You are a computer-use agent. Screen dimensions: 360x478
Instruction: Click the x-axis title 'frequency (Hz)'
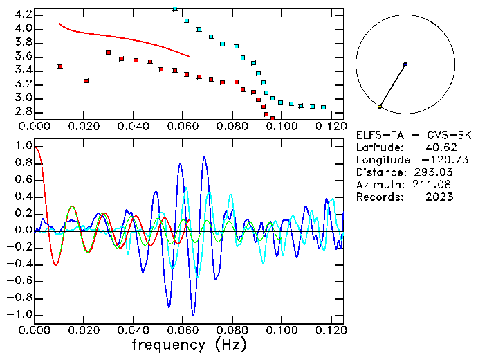pos(189,344)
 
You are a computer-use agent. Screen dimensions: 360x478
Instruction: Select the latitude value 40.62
pos(442,147)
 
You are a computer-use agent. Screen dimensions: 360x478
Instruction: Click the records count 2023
pos(440,197)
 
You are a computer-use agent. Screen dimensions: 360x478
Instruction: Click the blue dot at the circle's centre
pos(405,64)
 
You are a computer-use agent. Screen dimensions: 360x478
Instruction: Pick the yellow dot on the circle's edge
pos(380,107)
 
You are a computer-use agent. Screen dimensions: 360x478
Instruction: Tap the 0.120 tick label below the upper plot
pos(329,126)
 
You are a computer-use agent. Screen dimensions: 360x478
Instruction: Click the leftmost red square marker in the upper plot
pos(60,66)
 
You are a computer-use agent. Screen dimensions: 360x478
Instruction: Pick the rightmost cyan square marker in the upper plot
pos(323,107)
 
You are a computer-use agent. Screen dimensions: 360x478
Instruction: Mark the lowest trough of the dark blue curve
pos(193,315)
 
